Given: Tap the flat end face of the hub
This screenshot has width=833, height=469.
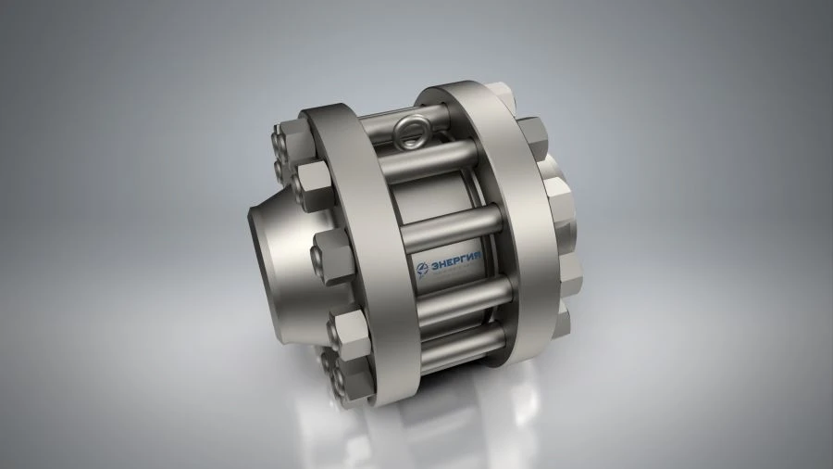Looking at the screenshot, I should tap(264, 236).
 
